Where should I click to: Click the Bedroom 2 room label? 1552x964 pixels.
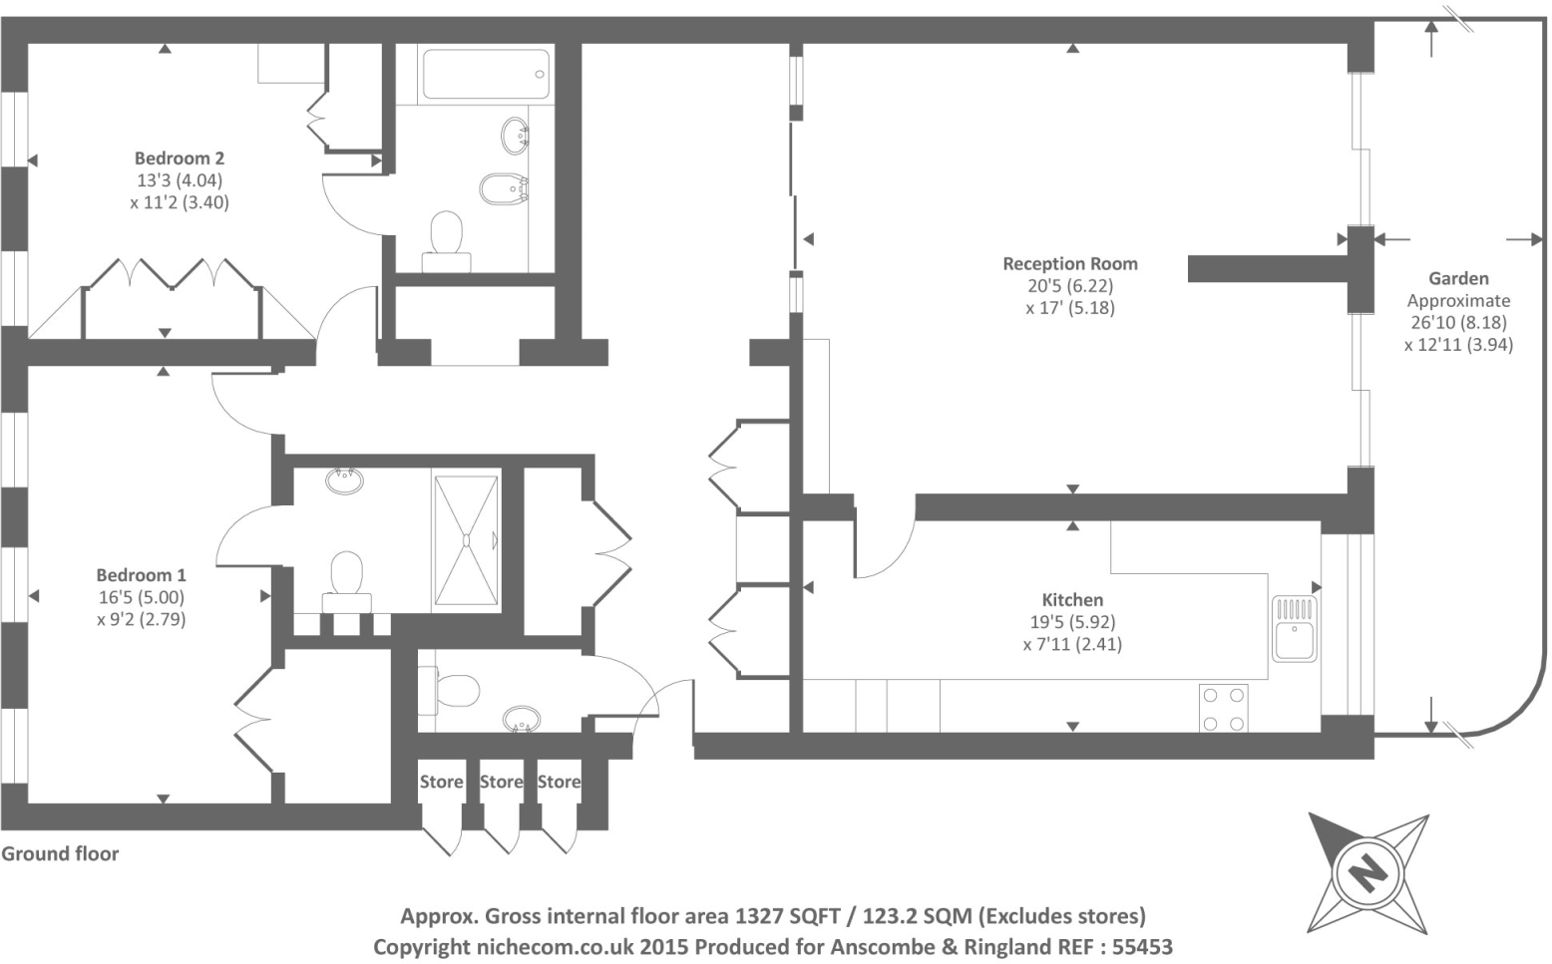click(180, 159)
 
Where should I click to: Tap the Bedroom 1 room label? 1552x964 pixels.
click(141, 575)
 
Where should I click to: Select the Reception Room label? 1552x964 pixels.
click(1069, 264)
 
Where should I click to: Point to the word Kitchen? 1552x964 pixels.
click(1072, 600)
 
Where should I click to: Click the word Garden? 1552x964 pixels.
click(1458, 279)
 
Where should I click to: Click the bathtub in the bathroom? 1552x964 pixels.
click(486, 75)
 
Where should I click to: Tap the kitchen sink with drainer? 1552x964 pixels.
click(1294, 628)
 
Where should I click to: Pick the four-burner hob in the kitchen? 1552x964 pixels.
click(1223, 709)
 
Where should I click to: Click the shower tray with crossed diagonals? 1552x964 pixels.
click(466, 539)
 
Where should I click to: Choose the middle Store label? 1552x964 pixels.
click(501, 783)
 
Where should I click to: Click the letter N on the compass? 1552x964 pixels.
click(1368, 872)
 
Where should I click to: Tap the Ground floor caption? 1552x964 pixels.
click(60, 854)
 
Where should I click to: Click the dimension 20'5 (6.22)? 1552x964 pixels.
click(1070, 286)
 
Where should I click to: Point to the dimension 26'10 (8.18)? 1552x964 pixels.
click(1458, 323)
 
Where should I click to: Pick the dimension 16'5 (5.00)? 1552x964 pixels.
click(141, 598)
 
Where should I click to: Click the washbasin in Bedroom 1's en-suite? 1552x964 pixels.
click(344, 481)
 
